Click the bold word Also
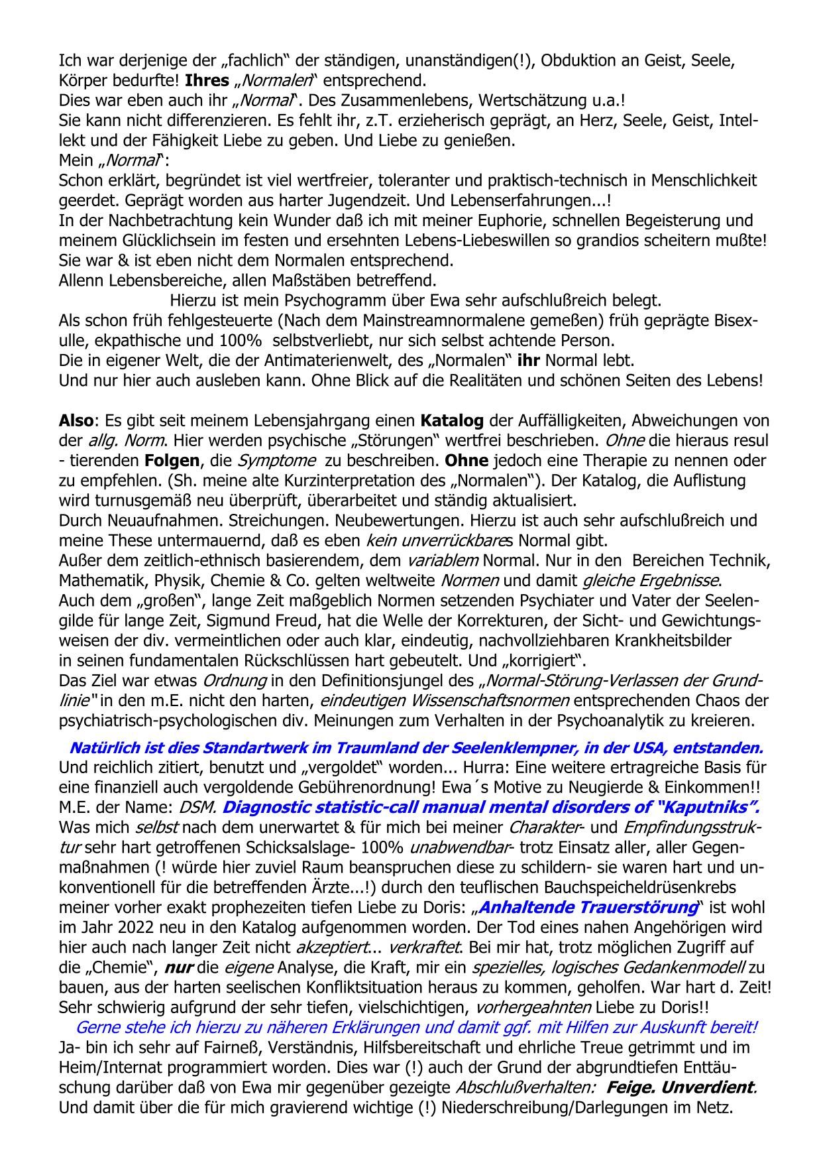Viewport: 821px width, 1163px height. (74, 420)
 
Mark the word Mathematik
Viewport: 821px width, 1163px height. (100, 580)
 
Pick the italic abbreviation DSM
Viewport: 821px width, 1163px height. (197, 808)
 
